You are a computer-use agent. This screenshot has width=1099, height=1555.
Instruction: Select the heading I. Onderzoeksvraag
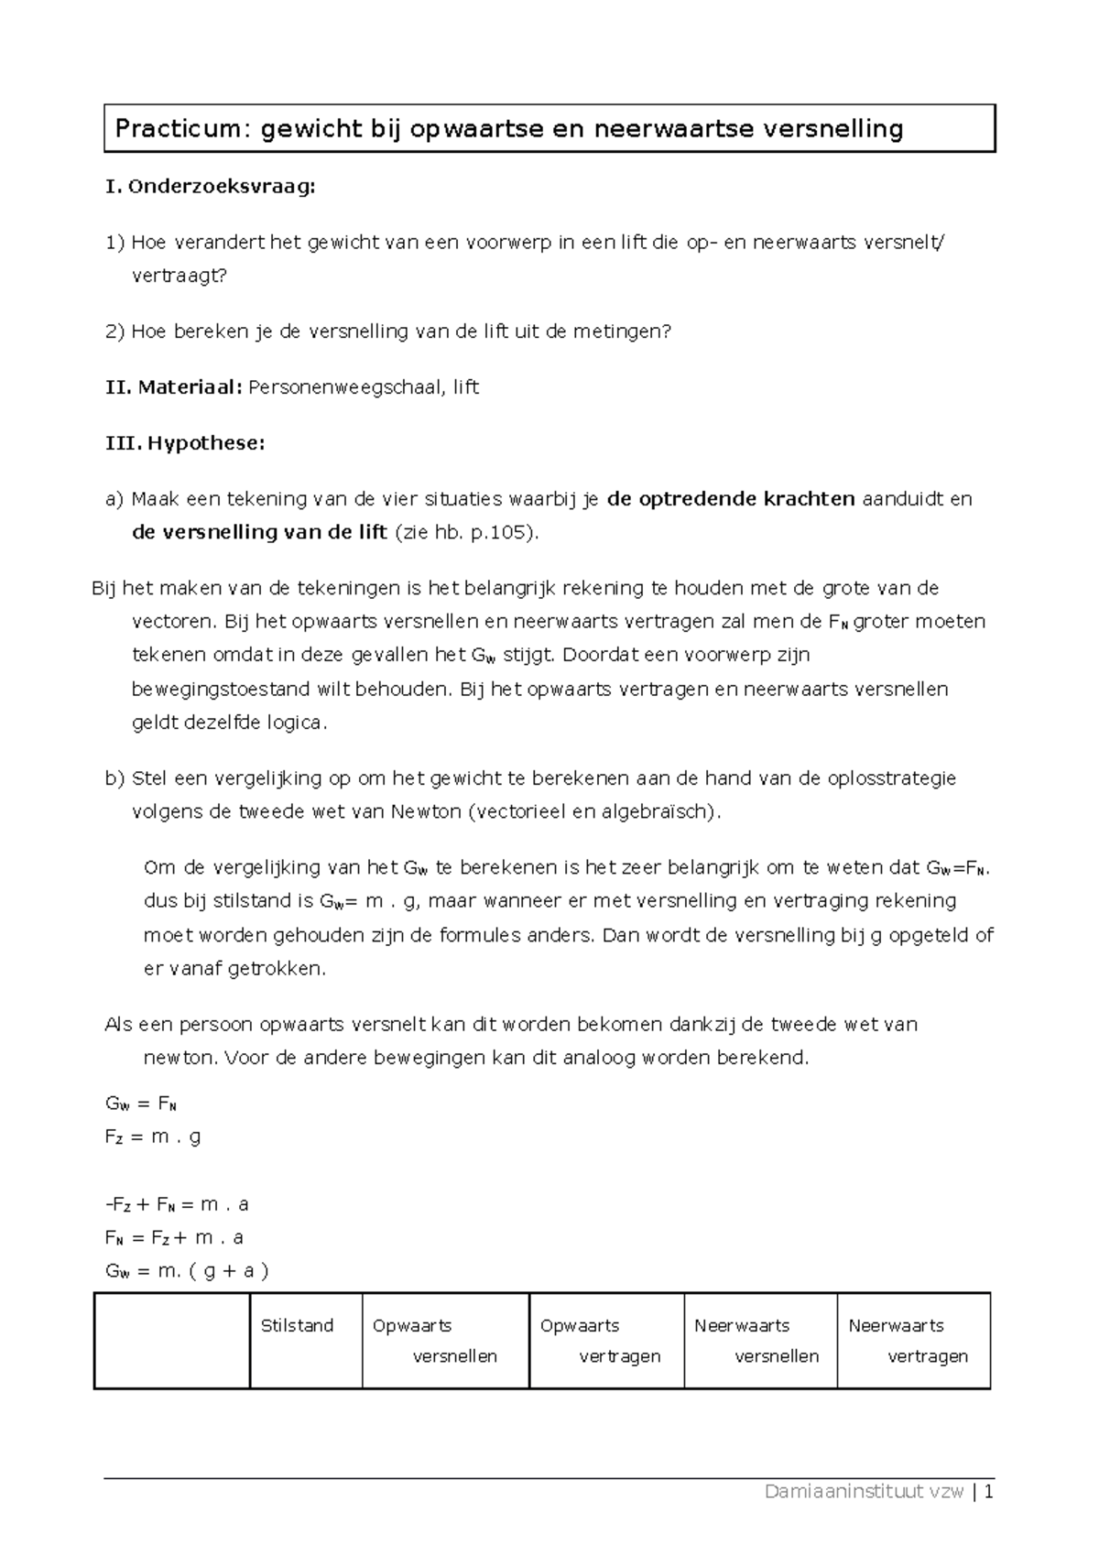(211, 187)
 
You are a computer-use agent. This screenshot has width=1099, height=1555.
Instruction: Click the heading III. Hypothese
(186, 443)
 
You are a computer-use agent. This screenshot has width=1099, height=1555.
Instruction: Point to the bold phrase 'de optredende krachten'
(731, 499)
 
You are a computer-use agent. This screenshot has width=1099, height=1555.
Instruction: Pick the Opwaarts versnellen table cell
(445, 1341)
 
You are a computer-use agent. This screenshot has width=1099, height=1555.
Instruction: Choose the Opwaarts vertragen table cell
(606, 1341)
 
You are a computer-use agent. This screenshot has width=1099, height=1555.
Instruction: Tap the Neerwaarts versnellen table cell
(760, 1341)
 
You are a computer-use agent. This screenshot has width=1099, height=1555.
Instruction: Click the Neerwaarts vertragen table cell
(913, 1341)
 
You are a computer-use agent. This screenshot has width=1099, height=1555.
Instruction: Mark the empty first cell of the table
(172, 1341)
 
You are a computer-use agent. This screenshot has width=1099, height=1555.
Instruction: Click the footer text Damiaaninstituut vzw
(864, 1492)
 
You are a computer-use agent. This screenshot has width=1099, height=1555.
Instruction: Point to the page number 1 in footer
(989, 1492)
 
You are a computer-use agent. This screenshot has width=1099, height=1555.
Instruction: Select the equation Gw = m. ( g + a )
(187, 1271)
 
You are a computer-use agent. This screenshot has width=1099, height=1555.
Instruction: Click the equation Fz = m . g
(153, 1137)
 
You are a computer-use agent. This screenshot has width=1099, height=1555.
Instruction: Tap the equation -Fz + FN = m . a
(177, 1204)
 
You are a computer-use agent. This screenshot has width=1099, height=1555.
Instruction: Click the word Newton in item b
(425, 812)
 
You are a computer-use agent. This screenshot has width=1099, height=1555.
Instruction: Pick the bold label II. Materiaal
(174, 387)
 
